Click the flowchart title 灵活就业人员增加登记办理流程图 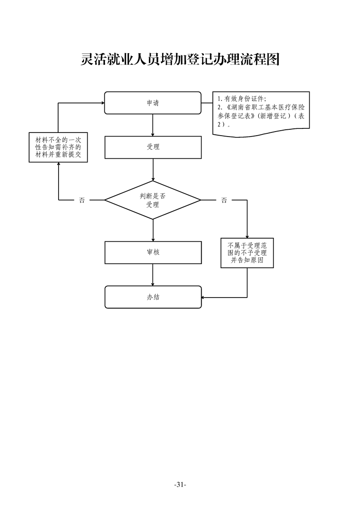click(x=180, y=59)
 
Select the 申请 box click(x=153, y=103)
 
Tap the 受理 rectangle click(x=153, y=147)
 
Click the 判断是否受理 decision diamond click(x=153, y=200)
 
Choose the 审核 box click(x=153, y=252)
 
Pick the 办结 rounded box click(x=153, y=297)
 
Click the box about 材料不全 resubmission click(x=58, y=147)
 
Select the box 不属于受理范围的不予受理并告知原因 click(x=247, y=253)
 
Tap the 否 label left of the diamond click(x=82, y=200)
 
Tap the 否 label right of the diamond click(x=224, y=200)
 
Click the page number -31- click(x=180, y=485)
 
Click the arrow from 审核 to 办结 click(x=153, y=274)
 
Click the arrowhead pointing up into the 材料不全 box click(x=58, y=165)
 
